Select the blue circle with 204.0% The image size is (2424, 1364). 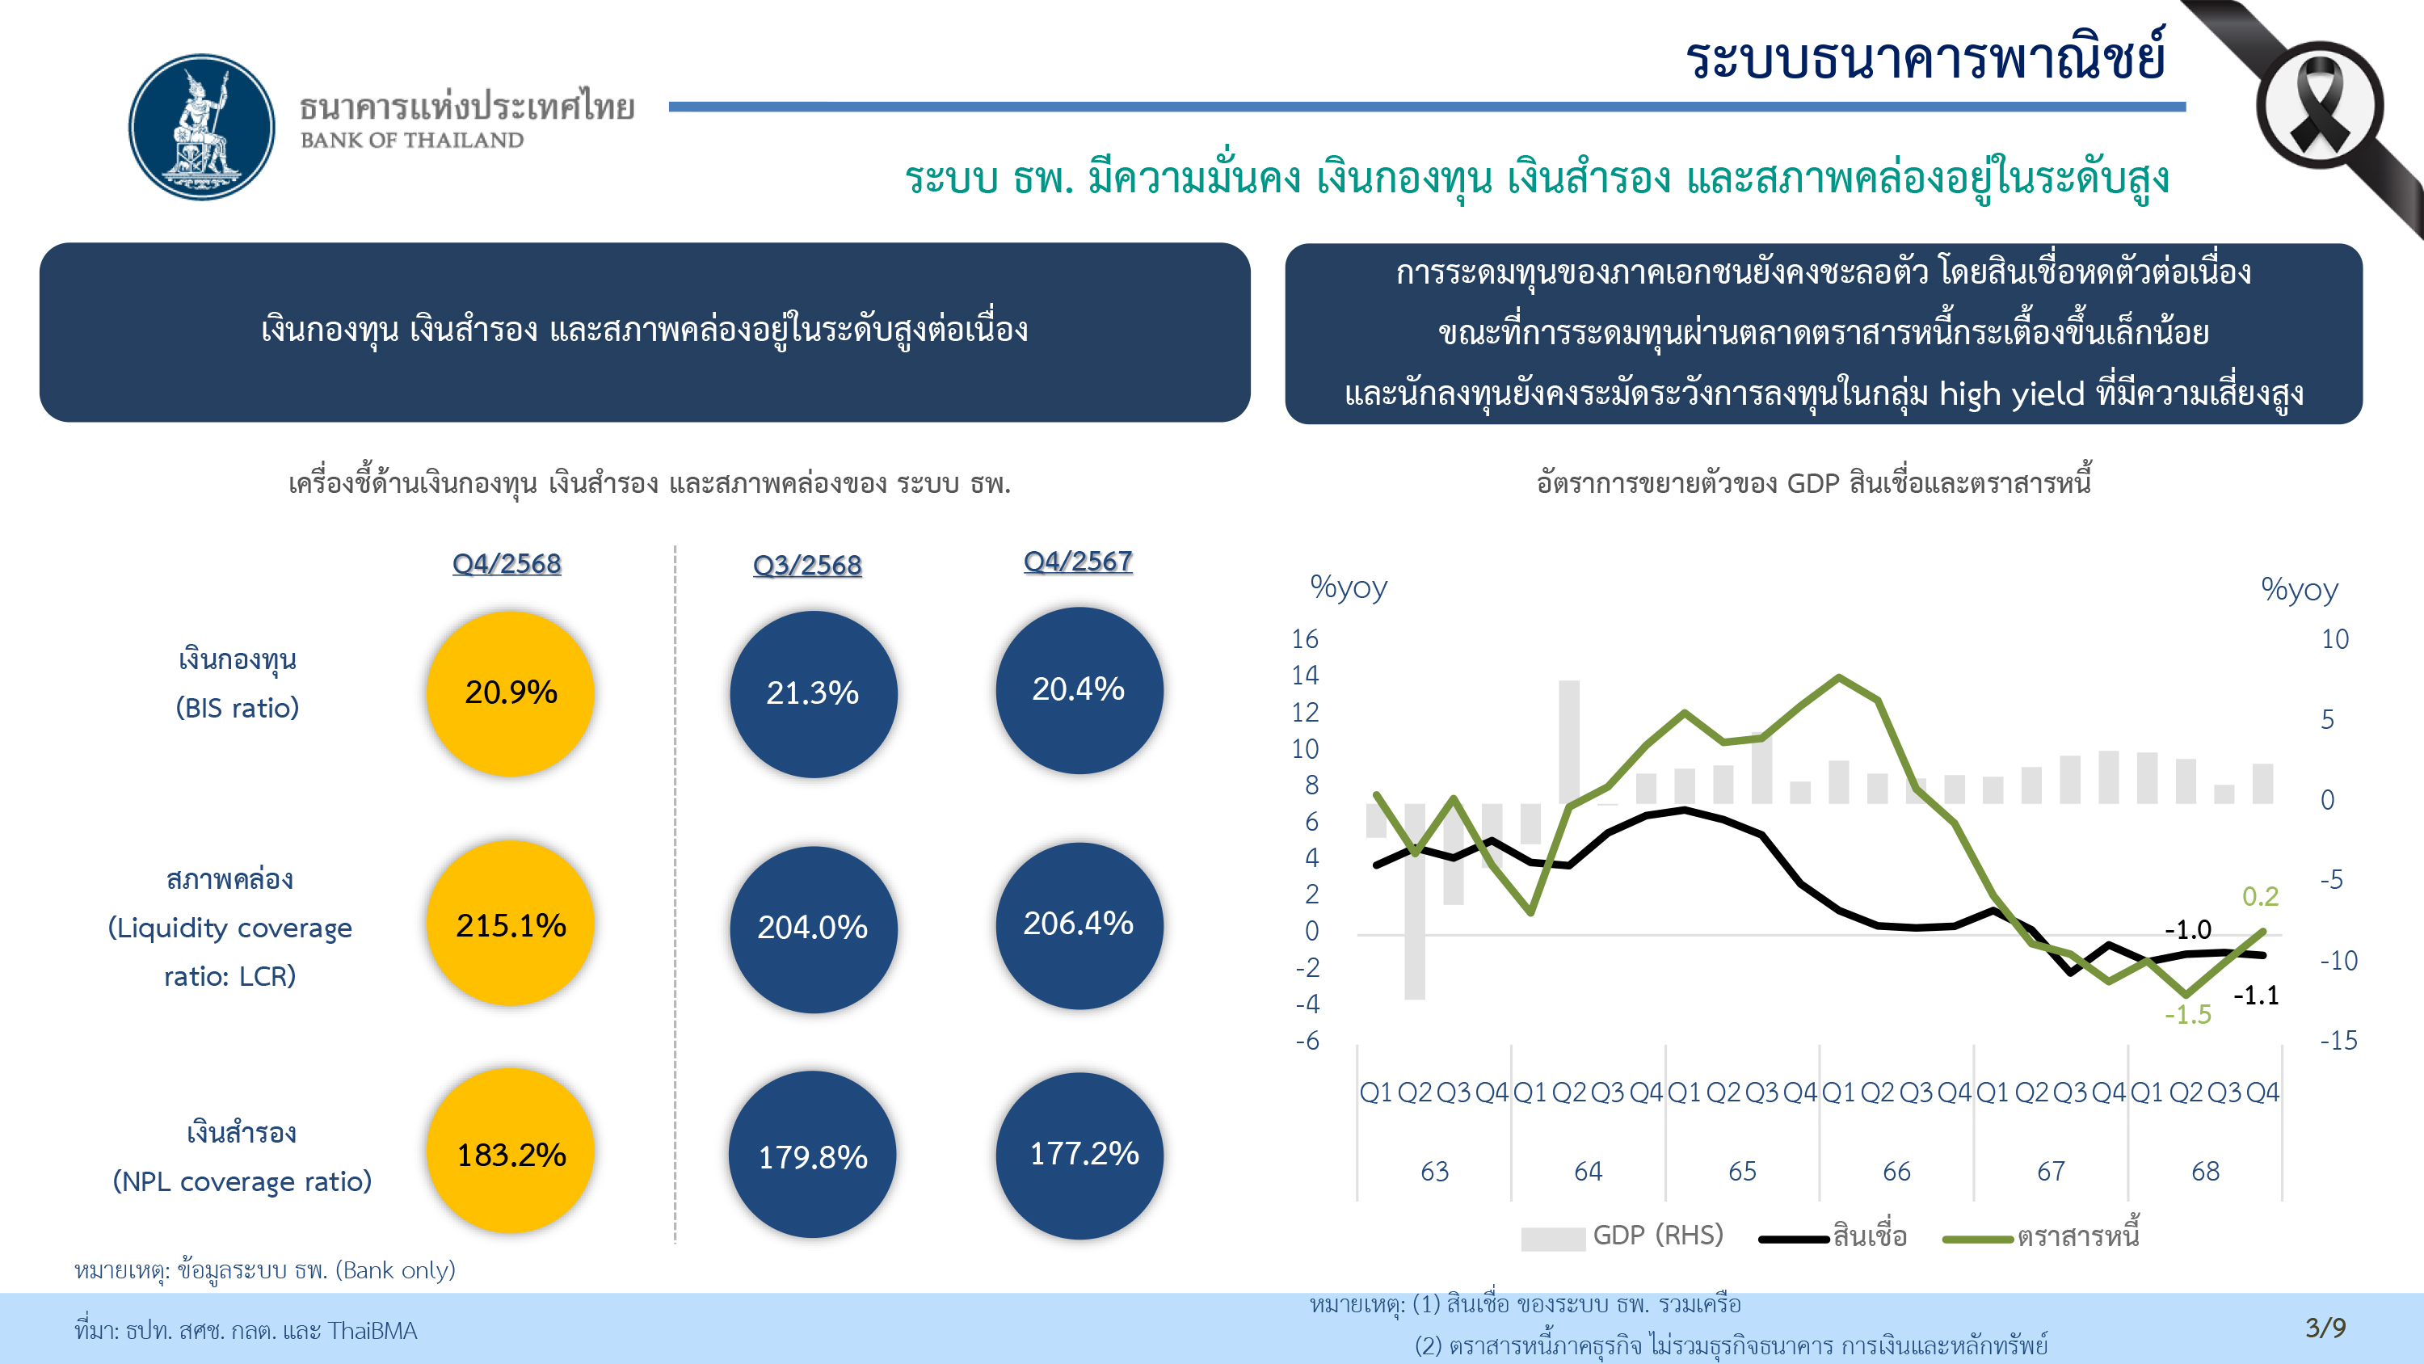point(813,928)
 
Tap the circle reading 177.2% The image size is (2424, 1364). point(1080,1155)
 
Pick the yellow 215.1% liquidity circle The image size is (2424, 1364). point(511,924)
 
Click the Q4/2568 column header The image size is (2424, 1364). point(507,564)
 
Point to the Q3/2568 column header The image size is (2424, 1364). point(807,565)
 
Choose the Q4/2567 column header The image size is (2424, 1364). point(1077,562)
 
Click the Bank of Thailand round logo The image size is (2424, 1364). point(201,127)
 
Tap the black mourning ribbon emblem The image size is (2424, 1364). point(2320,105)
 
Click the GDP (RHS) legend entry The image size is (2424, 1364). point(1657,1235)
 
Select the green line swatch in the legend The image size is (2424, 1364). point(1978,1239)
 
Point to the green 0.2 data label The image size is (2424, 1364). point(2260,896)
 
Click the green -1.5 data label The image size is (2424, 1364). point(2188,1015)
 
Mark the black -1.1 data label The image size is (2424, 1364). point(2256,995)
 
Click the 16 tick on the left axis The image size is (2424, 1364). point(1304,639)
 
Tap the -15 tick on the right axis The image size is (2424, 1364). point(2338,1040)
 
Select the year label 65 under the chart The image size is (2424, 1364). point(1742,1172)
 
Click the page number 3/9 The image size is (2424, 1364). point(2325,1328)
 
